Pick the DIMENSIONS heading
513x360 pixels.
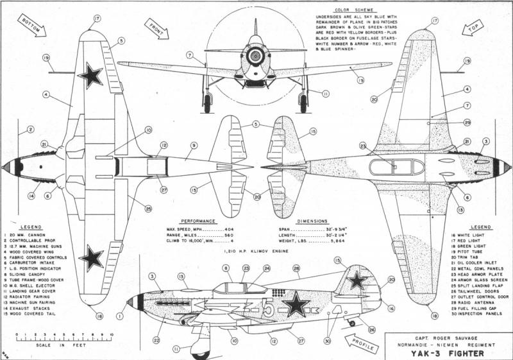[312, 219]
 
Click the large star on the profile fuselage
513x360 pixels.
[296, 304]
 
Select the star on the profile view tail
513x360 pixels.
[358, 280]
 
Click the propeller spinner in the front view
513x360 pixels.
[255, 55]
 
